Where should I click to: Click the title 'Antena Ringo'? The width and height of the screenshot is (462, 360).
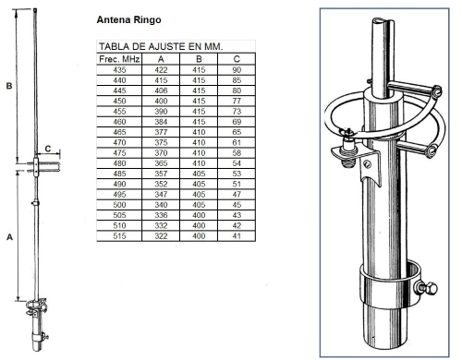point(128,19)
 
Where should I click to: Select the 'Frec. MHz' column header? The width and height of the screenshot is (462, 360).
point(119,59)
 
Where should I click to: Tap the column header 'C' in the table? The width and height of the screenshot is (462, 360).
point(237,59)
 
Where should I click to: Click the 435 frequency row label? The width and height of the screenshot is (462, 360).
point(119,70)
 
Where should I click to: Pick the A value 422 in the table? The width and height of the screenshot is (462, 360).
point(161,70)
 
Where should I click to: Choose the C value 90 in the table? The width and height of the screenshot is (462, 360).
point(237,70)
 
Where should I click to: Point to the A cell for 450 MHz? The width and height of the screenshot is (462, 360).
point(161,101)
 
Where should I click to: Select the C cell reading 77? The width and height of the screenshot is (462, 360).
point(237,101)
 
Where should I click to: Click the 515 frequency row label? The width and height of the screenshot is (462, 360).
point(119,236)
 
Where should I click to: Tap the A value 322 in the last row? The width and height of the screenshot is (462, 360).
point(161,236)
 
